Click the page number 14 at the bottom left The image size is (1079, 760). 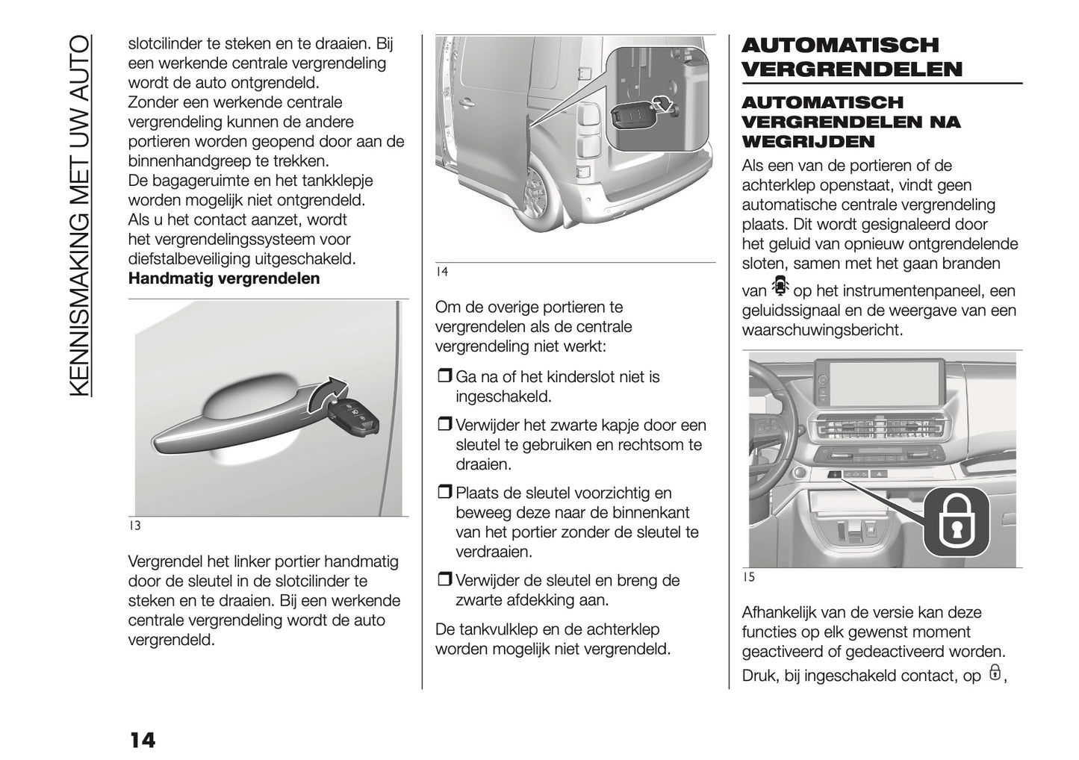(143, 740)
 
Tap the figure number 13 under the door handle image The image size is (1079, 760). (134, 526)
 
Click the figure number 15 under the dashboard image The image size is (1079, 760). (749, 577)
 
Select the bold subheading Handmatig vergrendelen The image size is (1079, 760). (224, 278)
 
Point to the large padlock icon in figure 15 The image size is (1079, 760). (955, 520)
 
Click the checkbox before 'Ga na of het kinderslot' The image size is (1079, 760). (444, 378)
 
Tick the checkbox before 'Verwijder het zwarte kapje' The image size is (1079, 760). (444, 426)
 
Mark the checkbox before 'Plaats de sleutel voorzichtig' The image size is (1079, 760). (444, 493)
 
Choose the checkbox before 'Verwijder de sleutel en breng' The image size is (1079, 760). (444, 581)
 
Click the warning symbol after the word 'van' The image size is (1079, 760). (780, 287)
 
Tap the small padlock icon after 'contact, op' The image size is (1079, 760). (995, 673)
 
